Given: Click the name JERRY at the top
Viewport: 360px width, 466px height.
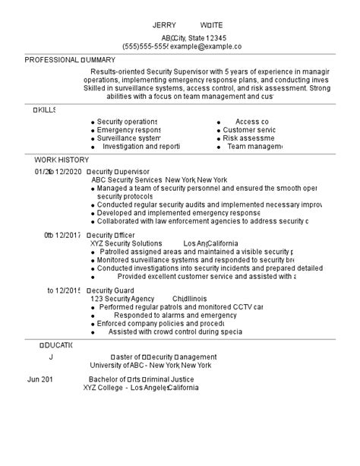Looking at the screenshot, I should click(x=165, y=24).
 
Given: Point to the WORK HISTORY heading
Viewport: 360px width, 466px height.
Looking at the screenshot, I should click(x=62, y=160).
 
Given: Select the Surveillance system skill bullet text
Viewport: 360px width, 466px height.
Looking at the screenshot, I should click(x=128, y=138).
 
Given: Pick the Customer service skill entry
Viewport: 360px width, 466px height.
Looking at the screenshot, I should click(x=249, y=130).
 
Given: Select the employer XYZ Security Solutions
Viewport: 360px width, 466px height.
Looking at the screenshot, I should click(x=126, y=244).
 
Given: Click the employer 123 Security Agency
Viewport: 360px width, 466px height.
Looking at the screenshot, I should click(x=122, y=300).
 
